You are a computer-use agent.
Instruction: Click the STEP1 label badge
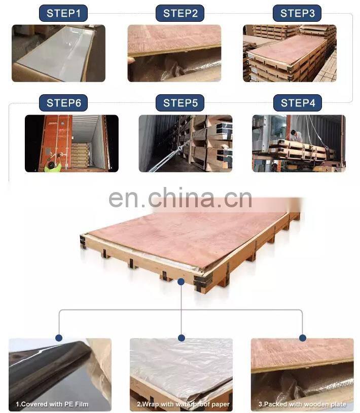[63, 13]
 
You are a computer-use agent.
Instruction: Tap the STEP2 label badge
[180, 13]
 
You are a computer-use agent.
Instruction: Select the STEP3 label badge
[298, 13]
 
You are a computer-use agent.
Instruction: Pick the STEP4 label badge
[298, 103]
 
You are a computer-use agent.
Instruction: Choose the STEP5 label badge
[180, 103]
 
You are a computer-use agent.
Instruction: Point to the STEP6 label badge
[63, 103]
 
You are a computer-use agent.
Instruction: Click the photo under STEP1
[58, 53]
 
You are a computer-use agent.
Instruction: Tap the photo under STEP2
[174, 53]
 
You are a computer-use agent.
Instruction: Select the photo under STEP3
[290, 53]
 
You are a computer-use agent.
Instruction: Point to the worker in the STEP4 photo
[296, 135]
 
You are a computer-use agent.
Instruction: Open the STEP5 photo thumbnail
[185, 143]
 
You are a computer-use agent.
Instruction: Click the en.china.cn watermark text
[180, 198]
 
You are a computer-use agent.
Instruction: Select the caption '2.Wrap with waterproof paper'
[183, 404]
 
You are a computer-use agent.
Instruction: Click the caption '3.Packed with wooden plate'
[303, 404]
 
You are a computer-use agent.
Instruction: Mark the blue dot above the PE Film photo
[59, 337]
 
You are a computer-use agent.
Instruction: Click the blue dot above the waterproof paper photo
[182, 337]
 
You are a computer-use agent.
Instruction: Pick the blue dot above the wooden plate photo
[303, 337]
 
